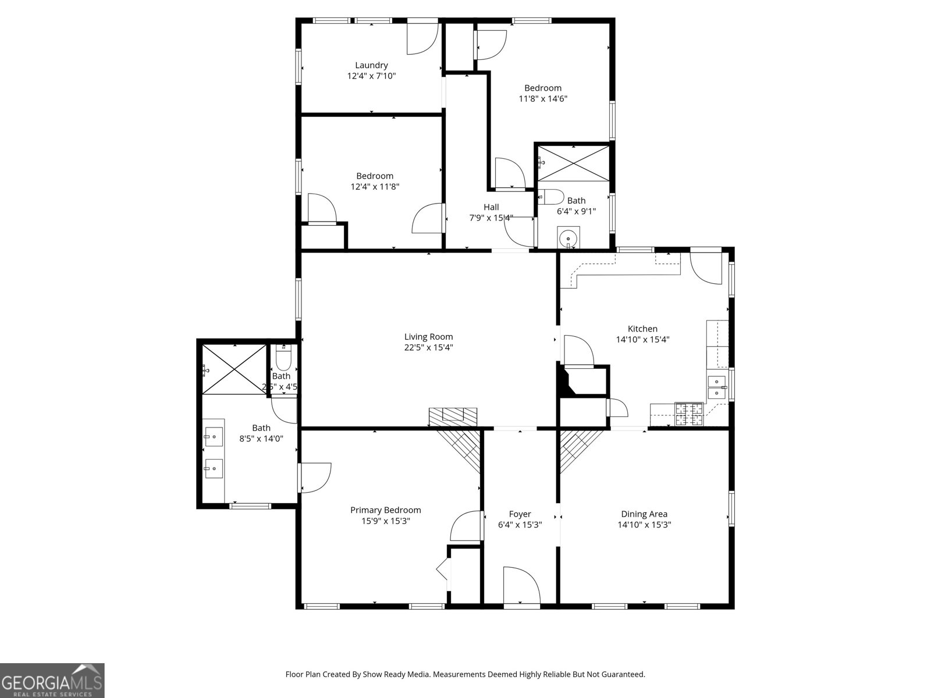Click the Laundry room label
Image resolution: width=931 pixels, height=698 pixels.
tap(371, 65)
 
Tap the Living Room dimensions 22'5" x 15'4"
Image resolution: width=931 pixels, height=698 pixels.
tap(429, 347)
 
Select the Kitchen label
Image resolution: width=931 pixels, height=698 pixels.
tap(642, 329)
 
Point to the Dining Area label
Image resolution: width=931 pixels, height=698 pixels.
tap(644, 514)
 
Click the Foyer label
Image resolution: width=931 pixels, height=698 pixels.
tap(520, 514)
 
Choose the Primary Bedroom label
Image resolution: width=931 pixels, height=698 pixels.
tap(385, 510)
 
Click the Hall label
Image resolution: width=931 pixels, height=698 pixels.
tap(491, 206)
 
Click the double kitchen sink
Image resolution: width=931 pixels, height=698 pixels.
tap(717, 387)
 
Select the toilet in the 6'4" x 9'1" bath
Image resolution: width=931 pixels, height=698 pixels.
tap(550, 197)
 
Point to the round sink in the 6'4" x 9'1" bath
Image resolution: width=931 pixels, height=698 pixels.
tap(568, 238)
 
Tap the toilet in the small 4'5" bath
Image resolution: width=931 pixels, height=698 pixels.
tap(283, 359)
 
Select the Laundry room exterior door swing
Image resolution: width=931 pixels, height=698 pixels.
tap(422, 37)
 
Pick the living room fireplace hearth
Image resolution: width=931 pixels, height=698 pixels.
tap(453, 415)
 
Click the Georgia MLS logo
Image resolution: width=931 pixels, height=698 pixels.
tap(52, 680)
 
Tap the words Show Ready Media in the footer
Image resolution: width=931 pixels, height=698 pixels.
tap(396, 674)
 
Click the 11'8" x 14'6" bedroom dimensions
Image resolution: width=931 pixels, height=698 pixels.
tap(542, 99)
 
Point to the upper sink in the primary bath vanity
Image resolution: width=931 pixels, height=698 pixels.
tap(214, 436)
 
